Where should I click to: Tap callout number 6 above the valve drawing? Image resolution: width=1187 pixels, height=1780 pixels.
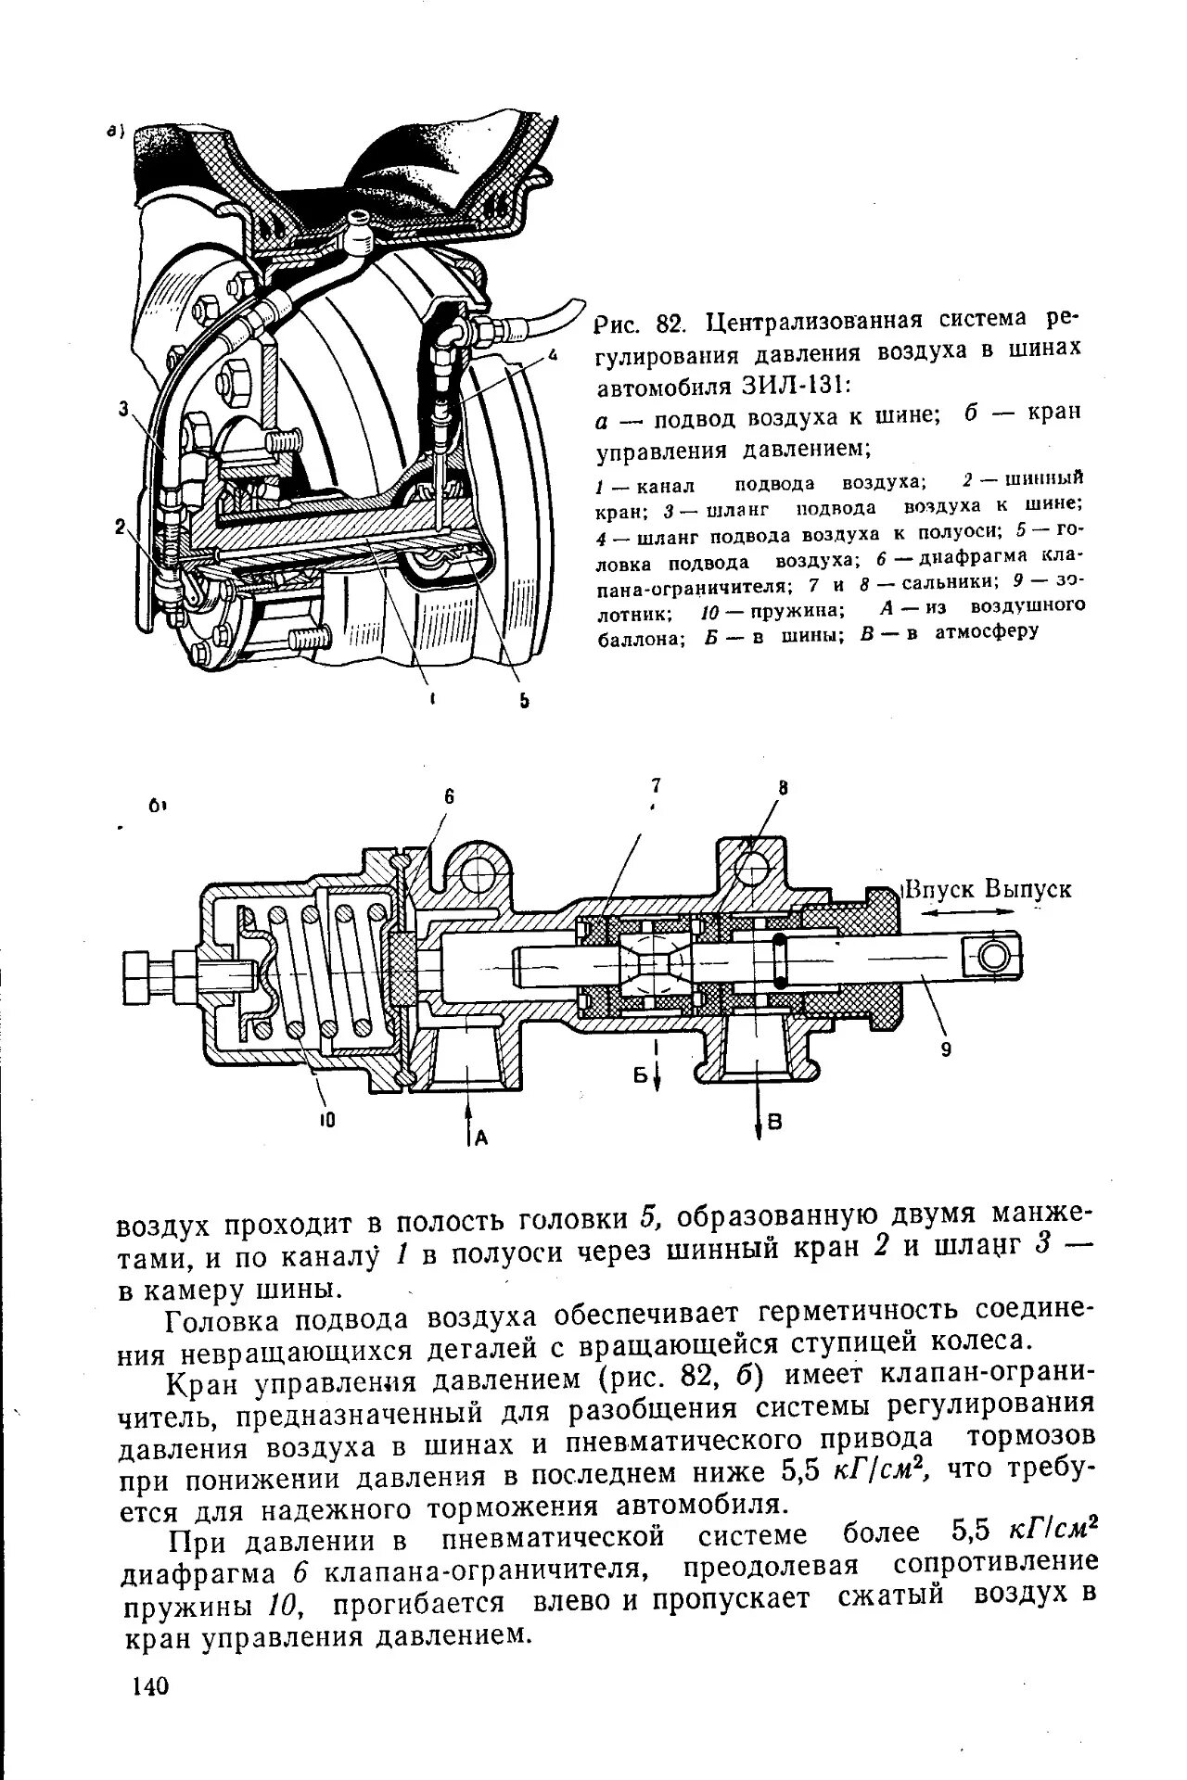pyautogui.click(x=449, y=796)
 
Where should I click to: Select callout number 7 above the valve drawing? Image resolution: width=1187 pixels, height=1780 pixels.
pyautogui.click(x=656, y=785)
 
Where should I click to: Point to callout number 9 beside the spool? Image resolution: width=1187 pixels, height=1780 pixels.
pyautogui.click(x=946, y=1050)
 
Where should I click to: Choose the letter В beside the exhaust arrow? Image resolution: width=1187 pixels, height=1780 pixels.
pyautogui.click(x=776, y=1123)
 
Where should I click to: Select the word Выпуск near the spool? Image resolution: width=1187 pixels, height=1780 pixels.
pyautogui.click(x=1028, y=889)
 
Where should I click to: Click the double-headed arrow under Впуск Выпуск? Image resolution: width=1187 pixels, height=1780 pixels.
pyautogui.click(x=972, y=913)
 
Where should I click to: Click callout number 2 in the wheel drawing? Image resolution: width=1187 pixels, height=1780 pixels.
pyautogui.click(x=120, y=526)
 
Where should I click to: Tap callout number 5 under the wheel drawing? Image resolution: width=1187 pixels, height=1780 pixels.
pyautogui.click(x=523, y=701)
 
